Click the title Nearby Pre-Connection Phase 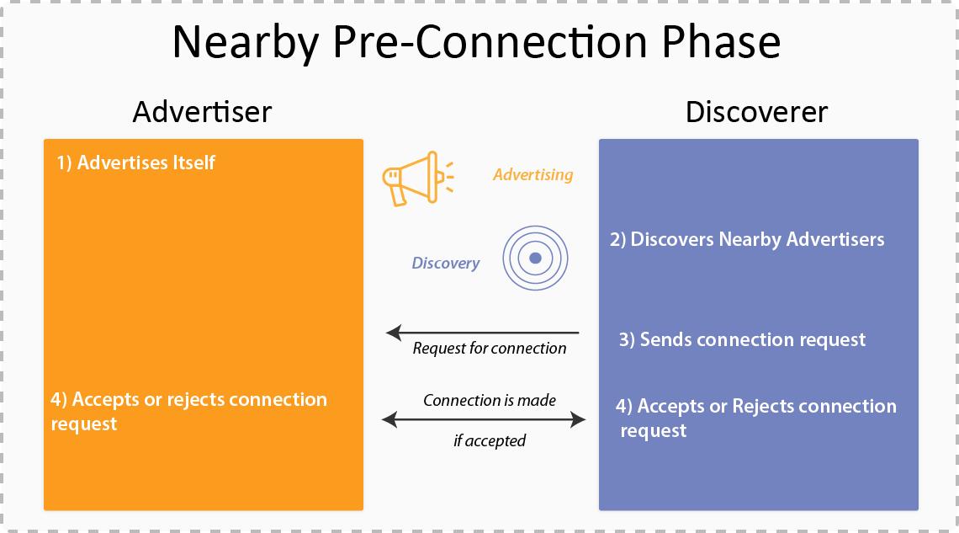(476, 42)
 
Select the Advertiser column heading (202, 112)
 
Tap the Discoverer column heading (756, 112)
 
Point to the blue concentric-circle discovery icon (535, 258)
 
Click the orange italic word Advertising (532, 174)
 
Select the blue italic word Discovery (445, 263)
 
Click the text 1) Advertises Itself (136, 163)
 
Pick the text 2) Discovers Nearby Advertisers (747, 239)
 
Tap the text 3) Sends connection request (742, 339)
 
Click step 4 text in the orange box (188, 411)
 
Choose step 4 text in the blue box (755, 418)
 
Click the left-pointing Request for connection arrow (483, 333)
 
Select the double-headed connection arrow (484, 418)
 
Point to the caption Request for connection (489, 349)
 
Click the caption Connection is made (489, 400)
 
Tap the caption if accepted (489, 440)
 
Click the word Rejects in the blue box (763, 406)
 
